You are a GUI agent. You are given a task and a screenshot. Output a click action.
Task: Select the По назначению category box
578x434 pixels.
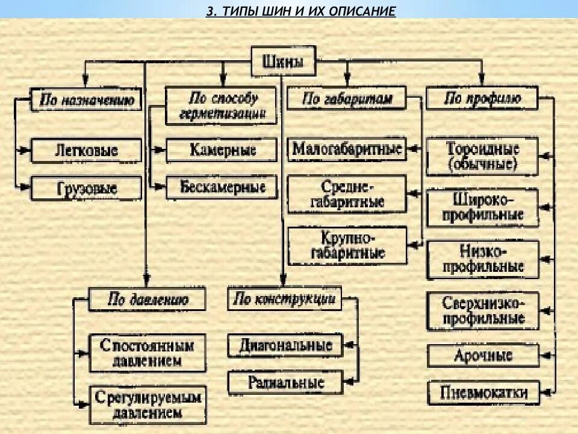click(x=86, y=99)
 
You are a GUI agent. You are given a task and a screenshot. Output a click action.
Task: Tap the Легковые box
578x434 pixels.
click(x=86, y=151)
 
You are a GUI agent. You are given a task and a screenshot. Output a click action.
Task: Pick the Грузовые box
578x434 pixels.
click(x=86, y=188)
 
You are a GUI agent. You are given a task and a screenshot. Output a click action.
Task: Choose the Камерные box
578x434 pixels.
click(x=222, y=150)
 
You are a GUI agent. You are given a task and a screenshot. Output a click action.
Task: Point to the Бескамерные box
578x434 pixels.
click(x=222, y=187)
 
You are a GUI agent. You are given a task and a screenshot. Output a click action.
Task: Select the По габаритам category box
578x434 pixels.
click(x=347, y=99)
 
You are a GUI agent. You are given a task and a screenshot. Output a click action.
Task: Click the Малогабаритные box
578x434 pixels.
click(x=347, y=148)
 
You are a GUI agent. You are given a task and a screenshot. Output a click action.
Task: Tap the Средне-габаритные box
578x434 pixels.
click(x=347, y=194)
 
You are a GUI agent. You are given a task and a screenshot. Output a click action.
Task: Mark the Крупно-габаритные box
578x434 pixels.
click(x=347, y=246)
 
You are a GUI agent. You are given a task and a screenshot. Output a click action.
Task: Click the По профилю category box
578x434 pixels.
click(x=482, y=99)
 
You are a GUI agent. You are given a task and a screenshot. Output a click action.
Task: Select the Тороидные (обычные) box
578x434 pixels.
click(x=482, y=156)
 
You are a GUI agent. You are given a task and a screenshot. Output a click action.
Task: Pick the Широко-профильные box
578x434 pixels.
click(x=482, y=207)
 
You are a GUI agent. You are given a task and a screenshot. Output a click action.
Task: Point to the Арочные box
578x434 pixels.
click(x=482, y=355)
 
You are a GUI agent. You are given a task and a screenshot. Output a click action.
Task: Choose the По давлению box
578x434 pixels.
click(x=148, y=299)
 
